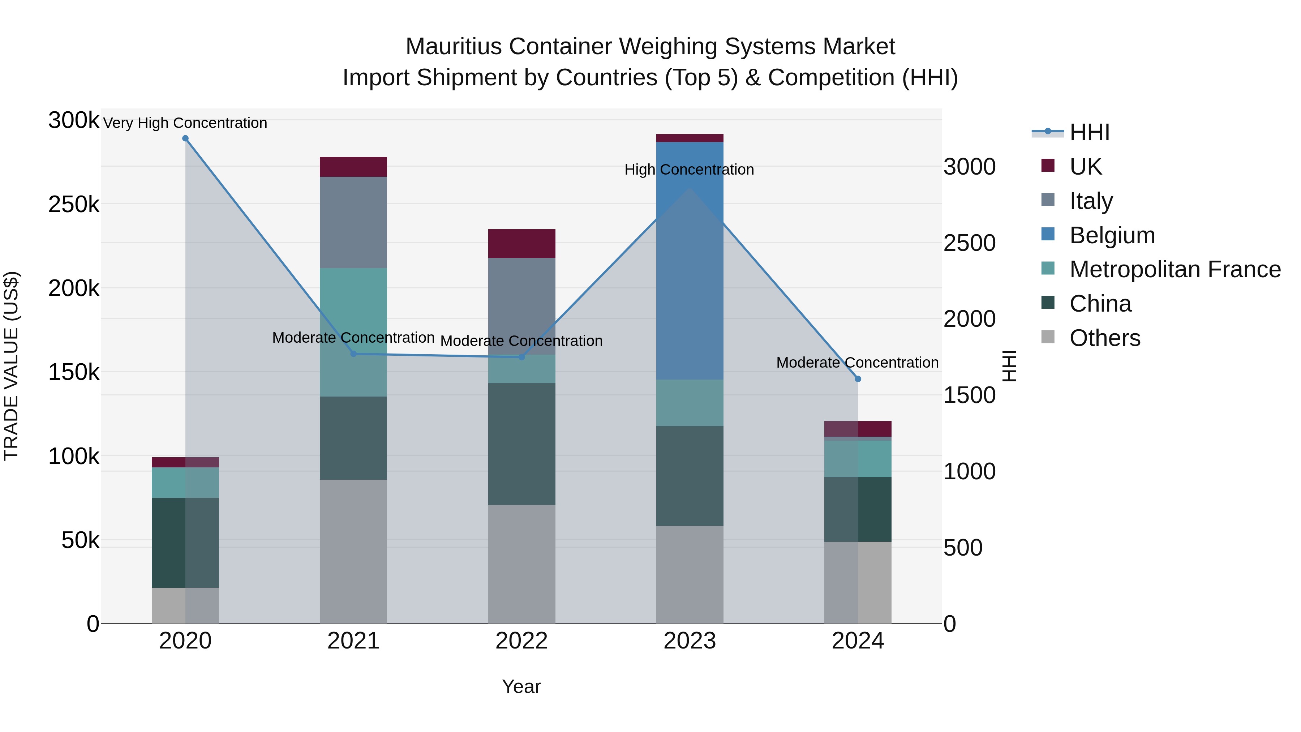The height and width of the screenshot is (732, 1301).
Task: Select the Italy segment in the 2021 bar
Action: (353, 222)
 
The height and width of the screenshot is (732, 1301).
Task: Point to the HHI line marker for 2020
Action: (185, 138)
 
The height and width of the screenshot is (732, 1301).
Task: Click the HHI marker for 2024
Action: (858, 379)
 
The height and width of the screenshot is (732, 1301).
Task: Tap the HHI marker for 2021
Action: (353, 354)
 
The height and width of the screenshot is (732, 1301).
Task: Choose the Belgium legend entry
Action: (1112, 235)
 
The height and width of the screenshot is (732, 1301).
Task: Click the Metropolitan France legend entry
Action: (1175, 269)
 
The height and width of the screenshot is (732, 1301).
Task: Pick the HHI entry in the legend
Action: (1089, 132)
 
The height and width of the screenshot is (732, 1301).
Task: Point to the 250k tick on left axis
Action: (74, 205)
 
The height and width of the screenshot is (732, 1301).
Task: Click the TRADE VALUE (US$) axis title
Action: (12, 366)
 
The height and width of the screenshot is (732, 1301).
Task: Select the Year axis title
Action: (521, 686)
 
